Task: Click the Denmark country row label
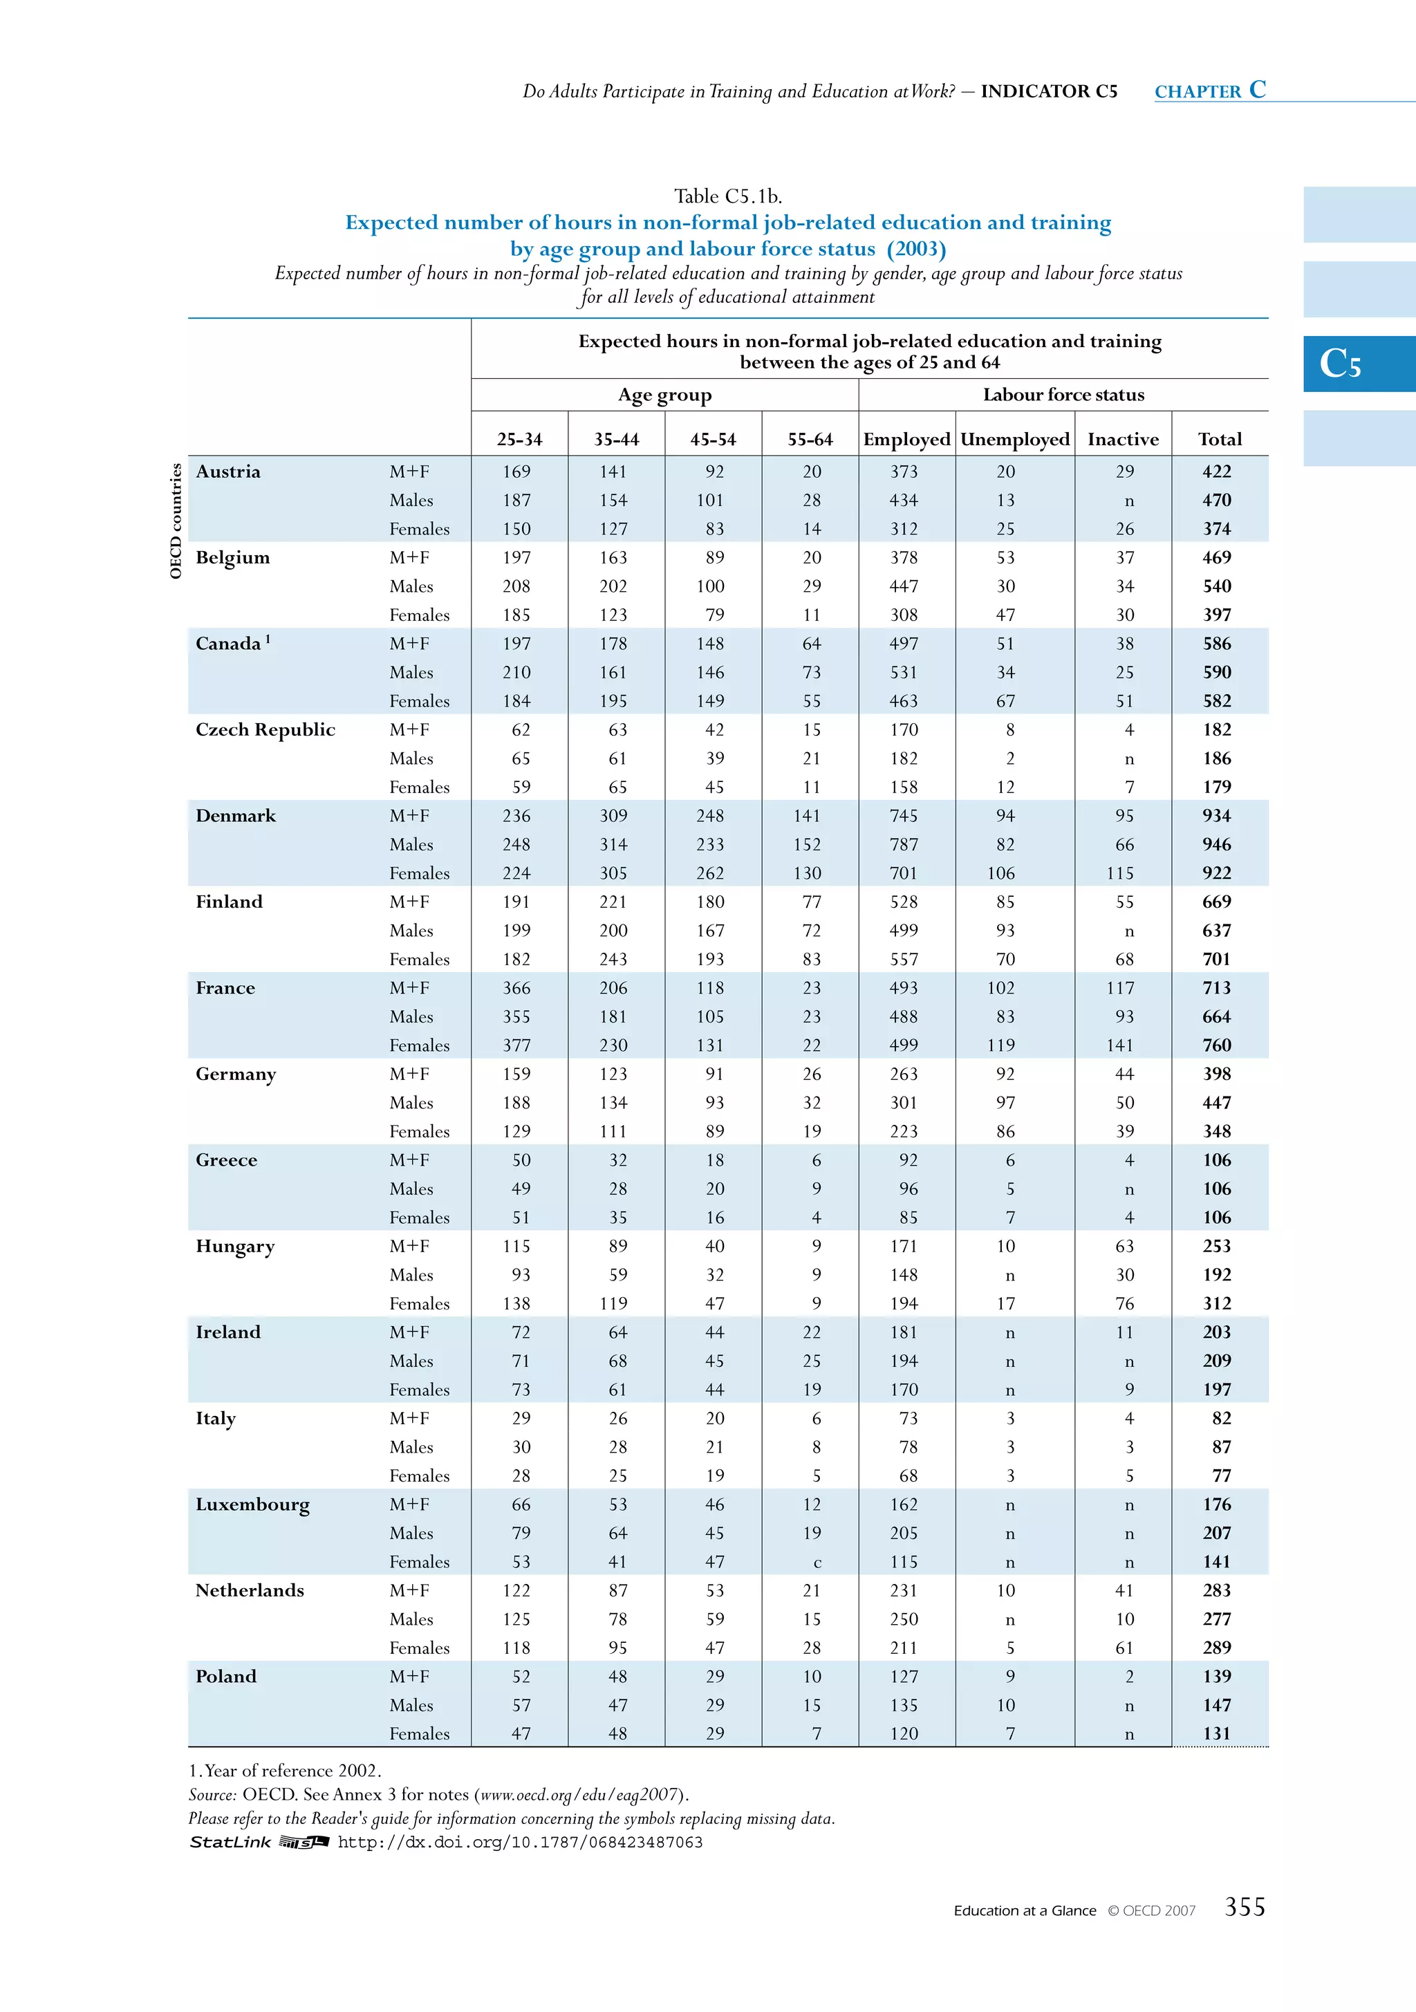(236, 816)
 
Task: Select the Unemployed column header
(1015, 439)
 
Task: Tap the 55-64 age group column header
(810, 439)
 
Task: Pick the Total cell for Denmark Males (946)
(1216, 845)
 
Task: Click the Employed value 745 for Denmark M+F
(904, 816)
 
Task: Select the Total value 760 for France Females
(1216, 1045)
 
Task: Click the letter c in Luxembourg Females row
(817, 1563)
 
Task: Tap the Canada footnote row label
(232, 644)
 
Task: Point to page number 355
(1245, 1908)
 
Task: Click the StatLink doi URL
(520, 1842)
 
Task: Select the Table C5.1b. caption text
(727, 196)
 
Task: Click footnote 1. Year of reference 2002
(285, 1771)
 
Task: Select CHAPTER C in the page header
(1209, 91)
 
